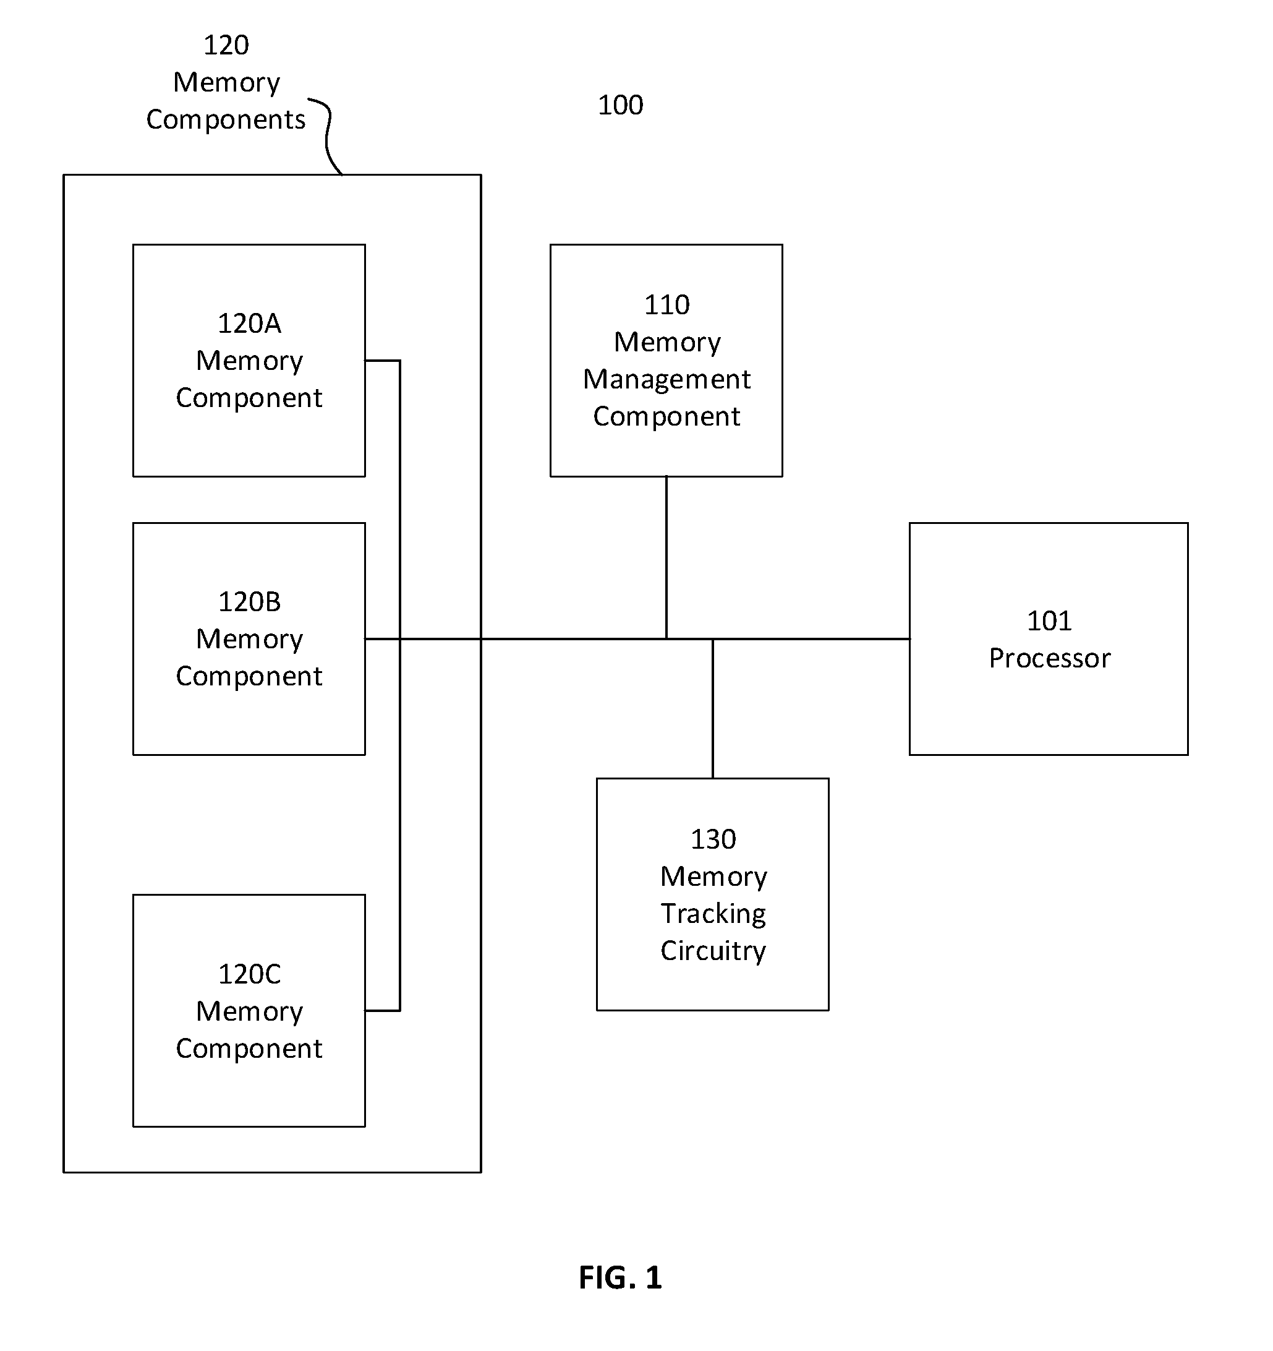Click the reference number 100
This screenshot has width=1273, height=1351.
click(620, 105)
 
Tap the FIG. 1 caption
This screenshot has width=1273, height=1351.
click(620, 1277)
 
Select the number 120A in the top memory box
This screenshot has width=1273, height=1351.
click(249, 324)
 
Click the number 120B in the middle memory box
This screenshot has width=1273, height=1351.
click(249, 602)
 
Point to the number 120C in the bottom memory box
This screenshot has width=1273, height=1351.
click(249, 974)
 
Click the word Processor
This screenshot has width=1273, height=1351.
click(1050, 659)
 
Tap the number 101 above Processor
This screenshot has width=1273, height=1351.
click(1050, 621)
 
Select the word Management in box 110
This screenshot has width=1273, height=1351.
click(667, 380)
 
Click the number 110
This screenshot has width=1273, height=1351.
click(667, 305)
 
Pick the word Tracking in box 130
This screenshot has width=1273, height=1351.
click(713, 915)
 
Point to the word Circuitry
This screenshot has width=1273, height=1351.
click(713, 951)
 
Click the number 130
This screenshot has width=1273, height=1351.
click(713, 840)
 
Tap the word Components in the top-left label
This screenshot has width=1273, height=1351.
click(226, 120)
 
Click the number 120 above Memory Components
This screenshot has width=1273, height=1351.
click(226, 46)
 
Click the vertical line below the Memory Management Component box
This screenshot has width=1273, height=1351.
click(666, 558)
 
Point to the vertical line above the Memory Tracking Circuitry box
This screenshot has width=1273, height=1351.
click(713, 709)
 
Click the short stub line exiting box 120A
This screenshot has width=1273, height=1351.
click(383, 361)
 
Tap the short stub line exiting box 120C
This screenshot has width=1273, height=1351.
click(383, 1011)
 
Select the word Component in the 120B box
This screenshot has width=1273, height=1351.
click(249, 677)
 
